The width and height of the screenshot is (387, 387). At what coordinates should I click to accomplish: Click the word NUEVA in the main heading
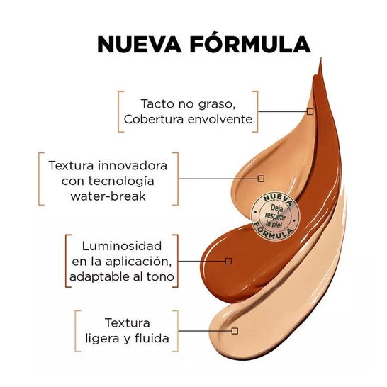coord(140,45)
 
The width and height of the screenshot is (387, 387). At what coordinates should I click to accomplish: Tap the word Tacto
coord(157,103)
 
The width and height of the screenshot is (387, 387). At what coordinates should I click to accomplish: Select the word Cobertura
coord(154,120)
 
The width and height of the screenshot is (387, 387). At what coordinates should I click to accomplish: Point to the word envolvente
coord(220,120)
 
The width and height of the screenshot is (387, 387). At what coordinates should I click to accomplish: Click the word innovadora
coord(133,165)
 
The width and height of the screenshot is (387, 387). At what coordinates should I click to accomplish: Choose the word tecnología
coord(121,181)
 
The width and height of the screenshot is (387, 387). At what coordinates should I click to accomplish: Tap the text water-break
coord(108,196)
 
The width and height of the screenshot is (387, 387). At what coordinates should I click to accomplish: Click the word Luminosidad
coord(122,246)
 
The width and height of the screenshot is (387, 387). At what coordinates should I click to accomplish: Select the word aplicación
coord(138,262)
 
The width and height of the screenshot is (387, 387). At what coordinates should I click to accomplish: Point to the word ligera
coord(103,339)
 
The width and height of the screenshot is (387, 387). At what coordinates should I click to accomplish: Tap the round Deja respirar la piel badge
coord(275,216)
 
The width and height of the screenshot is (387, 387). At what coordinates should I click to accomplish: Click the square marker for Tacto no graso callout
coord(310,111)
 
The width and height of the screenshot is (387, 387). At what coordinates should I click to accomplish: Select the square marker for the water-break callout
coord(261,179)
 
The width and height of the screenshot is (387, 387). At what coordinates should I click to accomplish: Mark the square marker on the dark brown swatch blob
coord(228,261)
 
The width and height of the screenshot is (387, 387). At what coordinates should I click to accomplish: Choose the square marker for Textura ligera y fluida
coord(235,331)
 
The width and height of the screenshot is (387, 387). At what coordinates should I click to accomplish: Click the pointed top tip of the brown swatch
coord(321,57)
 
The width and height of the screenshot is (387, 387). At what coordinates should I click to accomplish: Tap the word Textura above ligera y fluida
coord(128,322)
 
